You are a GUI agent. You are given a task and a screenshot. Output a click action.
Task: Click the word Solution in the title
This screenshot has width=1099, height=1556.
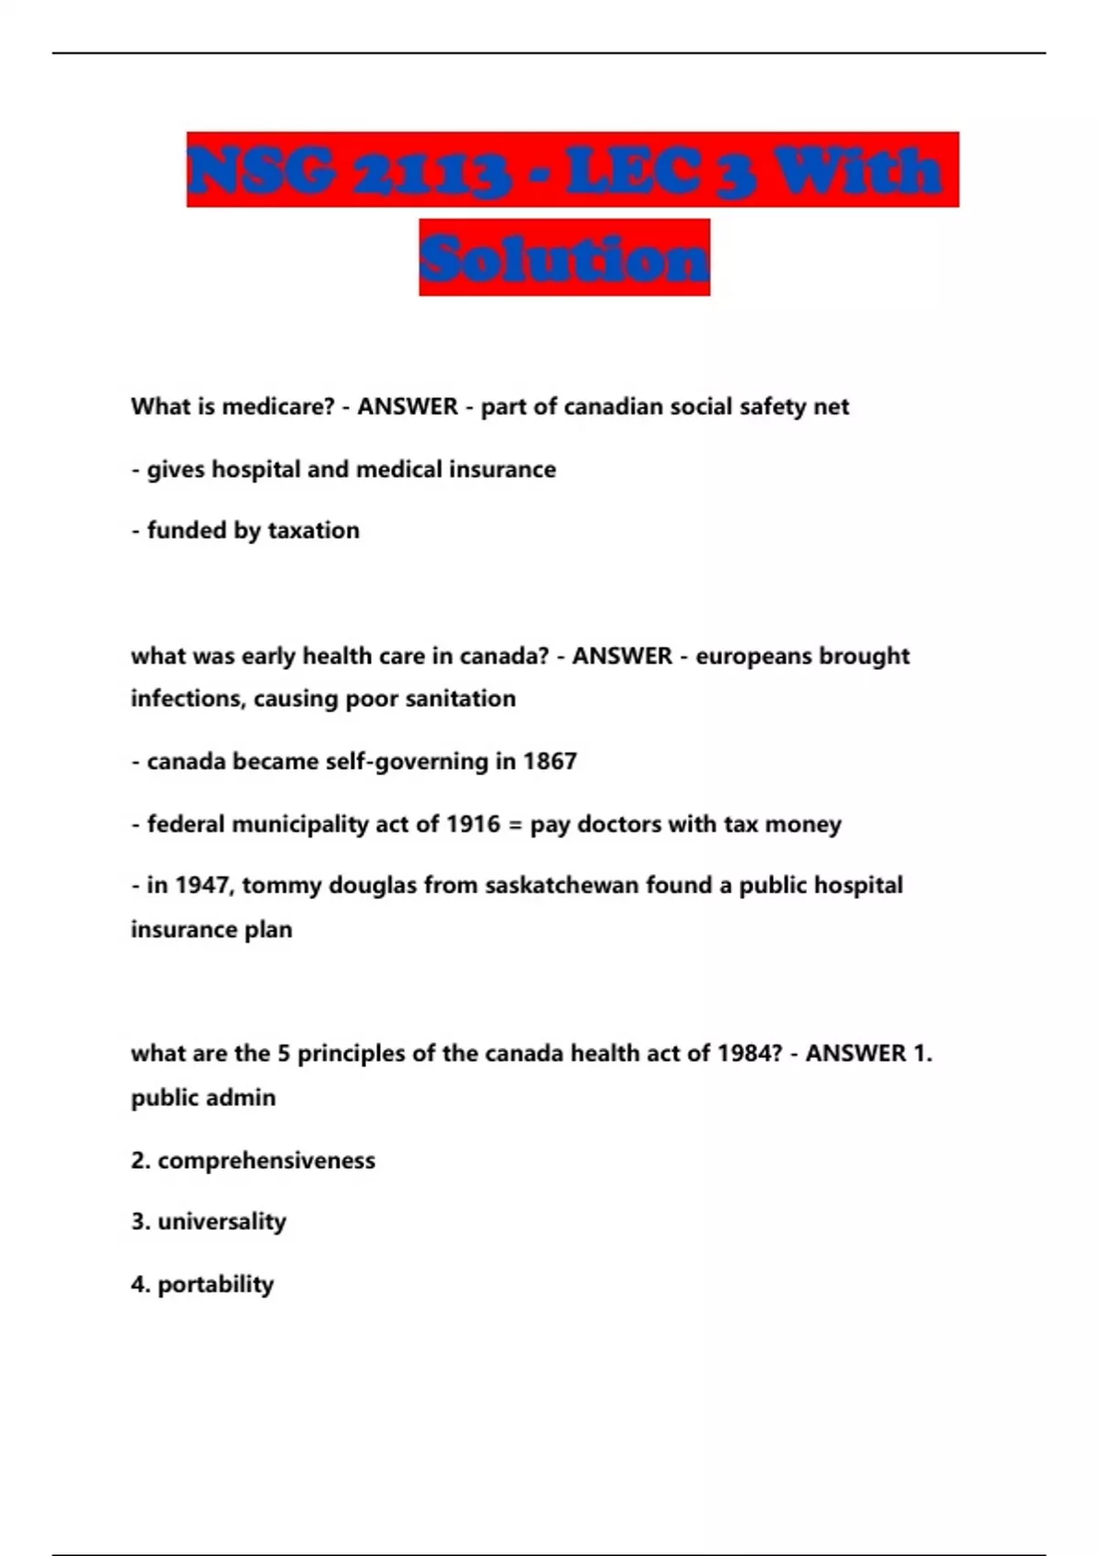[564, 258]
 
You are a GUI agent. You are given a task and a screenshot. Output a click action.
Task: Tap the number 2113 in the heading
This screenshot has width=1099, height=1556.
[431, 171]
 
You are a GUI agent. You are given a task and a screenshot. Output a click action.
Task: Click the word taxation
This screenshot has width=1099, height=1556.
[313, 530]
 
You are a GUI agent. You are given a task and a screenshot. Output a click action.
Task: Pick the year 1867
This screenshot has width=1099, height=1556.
[549, 762]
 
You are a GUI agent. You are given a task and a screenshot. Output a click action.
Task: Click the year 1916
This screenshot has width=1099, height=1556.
[473, 824]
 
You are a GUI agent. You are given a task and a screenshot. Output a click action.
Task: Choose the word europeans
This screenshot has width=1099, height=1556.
[753, 656]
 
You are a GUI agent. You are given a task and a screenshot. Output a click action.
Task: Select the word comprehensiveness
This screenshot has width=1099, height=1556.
[267, 1161]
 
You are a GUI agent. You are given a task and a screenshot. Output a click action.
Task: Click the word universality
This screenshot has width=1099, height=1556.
[222, 1222]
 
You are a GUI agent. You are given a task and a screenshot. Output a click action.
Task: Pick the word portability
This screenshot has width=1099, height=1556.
[215, 1284]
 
